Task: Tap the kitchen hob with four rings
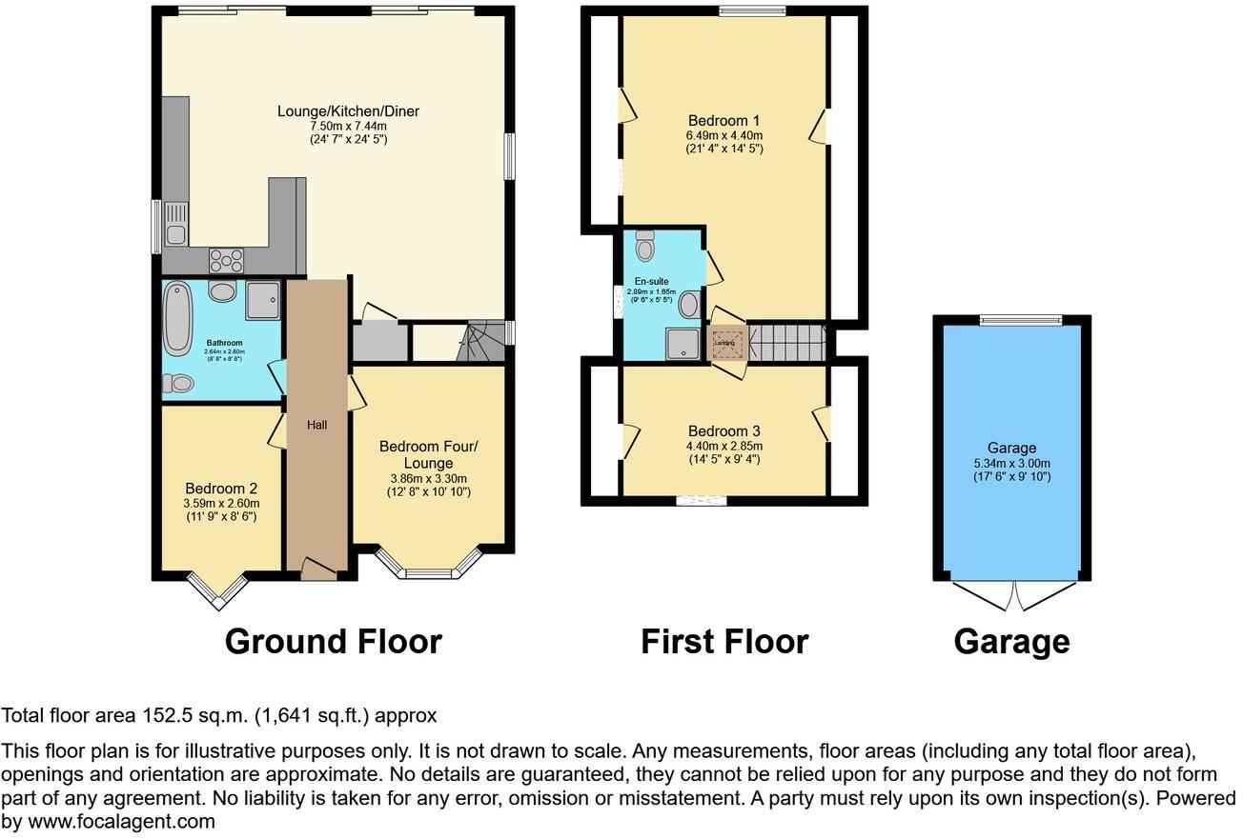click(227, 259)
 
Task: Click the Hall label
click(316, 425)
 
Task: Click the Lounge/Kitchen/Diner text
click(348, 111)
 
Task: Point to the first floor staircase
click(786, 341)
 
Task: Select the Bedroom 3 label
click(724, 431)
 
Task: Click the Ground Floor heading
click(333, 642)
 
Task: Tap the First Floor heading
click(723, 642)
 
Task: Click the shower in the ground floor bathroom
click(262, 299)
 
